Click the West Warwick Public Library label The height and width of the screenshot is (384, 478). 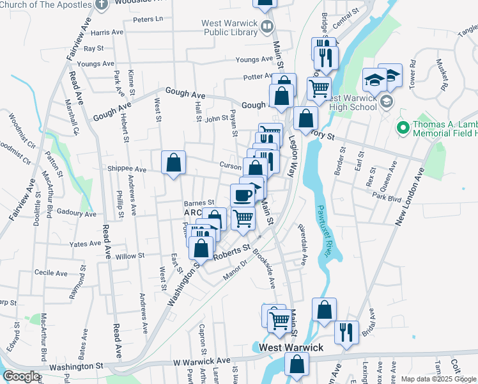[229, 28]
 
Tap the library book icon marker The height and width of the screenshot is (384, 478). [267, 27]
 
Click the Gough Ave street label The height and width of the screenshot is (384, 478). [185, 93]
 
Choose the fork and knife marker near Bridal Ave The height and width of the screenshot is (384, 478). [346, 332]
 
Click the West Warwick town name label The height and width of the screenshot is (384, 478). [291, 348]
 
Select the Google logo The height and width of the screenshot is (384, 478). [21, 376]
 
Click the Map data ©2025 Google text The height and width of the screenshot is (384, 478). [438, 379]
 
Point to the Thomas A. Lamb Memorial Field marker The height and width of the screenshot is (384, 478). [402, 128]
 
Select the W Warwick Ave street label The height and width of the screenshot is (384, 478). [201, 362]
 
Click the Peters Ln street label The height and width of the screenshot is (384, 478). [148, 20]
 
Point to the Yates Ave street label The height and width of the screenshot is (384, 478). [86, 244]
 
